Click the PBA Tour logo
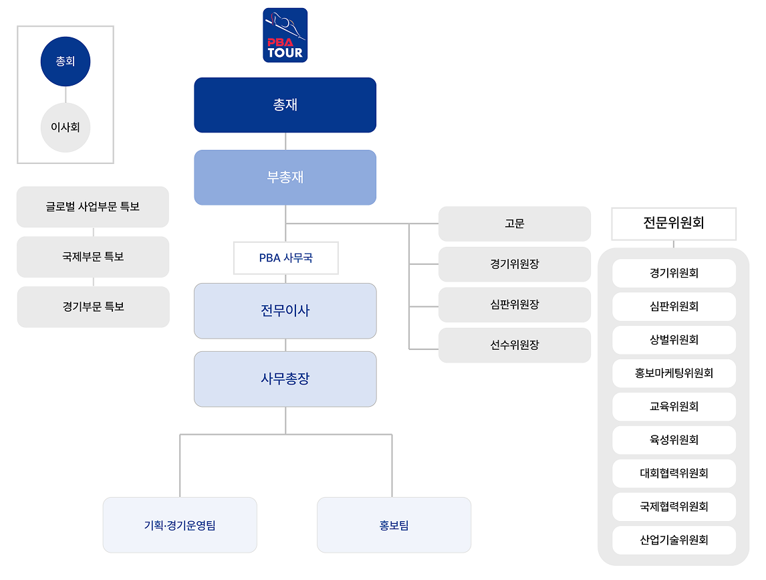285,35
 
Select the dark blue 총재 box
285,105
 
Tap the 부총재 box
285,177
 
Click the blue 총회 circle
65,62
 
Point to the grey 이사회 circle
65,127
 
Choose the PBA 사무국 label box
285,258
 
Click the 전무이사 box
285,311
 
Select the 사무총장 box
285,379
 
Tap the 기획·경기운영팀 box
180,525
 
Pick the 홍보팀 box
394,525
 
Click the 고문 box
514,223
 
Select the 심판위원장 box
514,305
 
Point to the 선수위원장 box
514,345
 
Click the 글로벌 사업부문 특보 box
93,207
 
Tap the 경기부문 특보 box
93,307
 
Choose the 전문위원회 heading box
673,223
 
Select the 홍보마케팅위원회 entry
674,373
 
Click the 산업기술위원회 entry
674,540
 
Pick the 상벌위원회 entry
674,340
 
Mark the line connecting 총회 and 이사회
66,95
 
